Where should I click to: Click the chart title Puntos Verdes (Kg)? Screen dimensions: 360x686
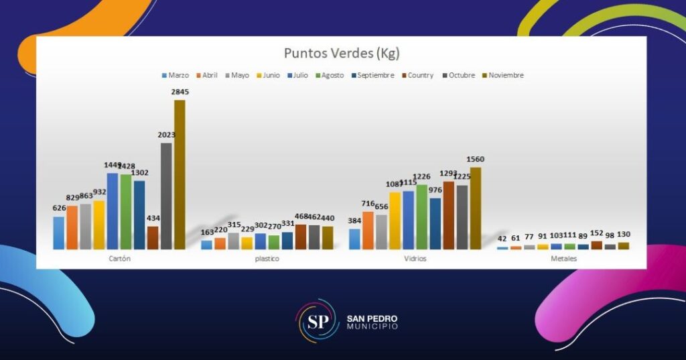(x=341, y=53)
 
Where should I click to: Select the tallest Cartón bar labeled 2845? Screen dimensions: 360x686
(x=180, y=174)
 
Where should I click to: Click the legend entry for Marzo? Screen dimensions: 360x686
(x=175, y=75)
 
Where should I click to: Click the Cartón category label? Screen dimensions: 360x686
(x=119, y=258)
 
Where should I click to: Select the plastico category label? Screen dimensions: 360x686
(x=267, y=258)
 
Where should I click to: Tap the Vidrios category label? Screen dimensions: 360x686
(x=415, y=258)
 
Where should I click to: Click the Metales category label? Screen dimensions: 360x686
(x=563, y=258)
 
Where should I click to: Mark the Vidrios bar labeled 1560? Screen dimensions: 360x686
(x=476, y=208)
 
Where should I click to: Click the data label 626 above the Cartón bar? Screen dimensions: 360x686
(x=59, y=208)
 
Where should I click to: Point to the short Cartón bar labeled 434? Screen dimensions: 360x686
(x=153, y=237)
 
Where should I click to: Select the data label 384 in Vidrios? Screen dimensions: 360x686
(x=354, y=221)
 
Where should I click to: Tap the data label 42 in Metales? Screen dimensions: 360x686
(x=502, y=239)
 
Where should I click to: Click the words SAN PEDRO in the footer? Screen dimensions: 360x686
(x=372, y=318)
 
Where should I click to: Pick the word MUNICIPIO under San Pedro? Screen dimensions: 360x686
(x=372, y=326)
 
